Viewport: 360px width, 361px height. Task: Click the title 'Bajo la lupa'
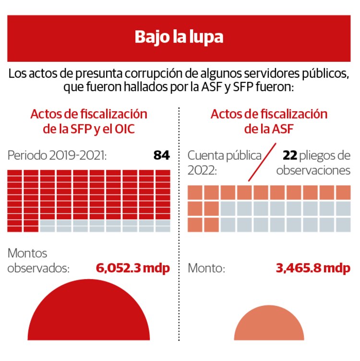pos(179,37)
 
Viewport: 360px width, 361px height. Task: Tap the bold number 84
pos(161,156)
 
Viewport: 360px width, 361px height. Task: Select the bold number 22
pos(290,156)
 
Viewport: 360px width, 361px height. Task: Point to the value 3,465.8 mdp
pos(313,268)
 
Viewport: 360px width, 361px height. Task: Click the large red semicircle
pos(89,316)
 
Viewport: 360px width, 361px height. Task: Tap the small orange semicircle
pos(269,326)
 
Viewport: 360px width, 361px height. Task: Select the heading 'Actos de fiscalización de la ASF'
pos(269,121)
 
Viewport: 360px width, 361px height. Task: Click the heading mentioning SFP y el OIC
pos(89,121)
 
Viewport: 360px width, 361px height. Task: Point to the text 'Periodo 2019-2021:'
pos(57,156)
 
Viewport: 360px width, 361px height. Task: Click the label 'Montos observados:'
pos(38,261)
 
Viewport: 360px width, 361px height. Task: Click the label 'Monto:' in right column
pos(206,268)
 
